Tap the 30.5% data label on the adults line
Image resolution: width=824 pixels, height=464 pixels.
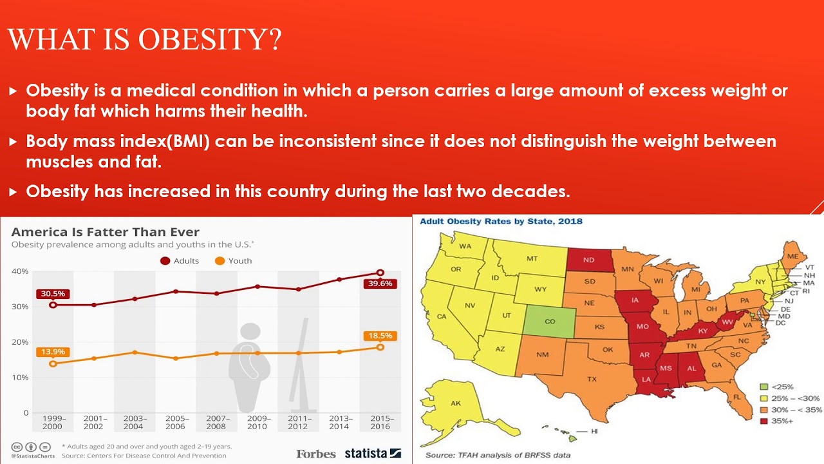(53, 294)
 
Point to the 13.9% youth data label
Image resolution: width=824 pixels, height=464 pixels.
(53, 352)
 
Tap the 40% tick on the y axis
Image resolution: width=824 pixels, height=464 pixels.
(20, 271)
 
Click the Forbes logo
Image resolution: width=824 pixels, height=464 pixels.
(316, 454)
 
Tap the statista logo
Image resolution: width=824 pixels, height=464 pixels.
(373, 453)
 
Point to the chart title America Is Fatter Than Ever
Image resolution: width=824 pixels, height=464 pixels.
(106, 232)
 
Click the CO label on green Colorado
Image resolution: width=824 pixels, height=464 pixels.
(550, 321)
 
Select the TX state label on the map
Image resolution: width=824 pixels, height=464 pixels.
(592, 379)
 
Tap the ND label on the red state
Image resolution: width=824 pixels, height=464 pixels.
(588, 260)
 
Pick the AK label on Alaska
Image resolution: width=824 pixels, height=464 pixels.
(456, 403)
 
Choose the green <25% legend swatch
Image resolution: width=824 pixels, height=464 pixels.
(764, 387)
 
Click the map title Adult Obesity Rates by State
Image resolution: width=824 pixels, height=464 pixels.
(501, 221)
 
